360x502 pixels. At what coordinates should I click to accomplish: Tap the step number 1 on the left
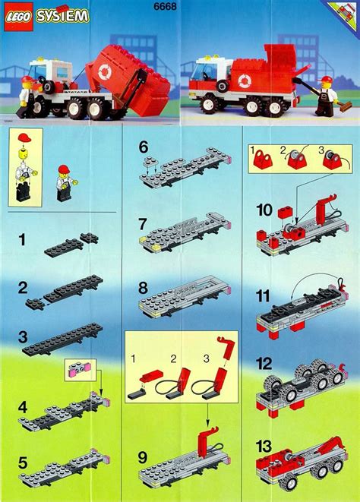pos(24,241)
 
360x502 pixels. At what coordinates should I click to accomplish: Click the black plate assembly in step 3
pos(64,338)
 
